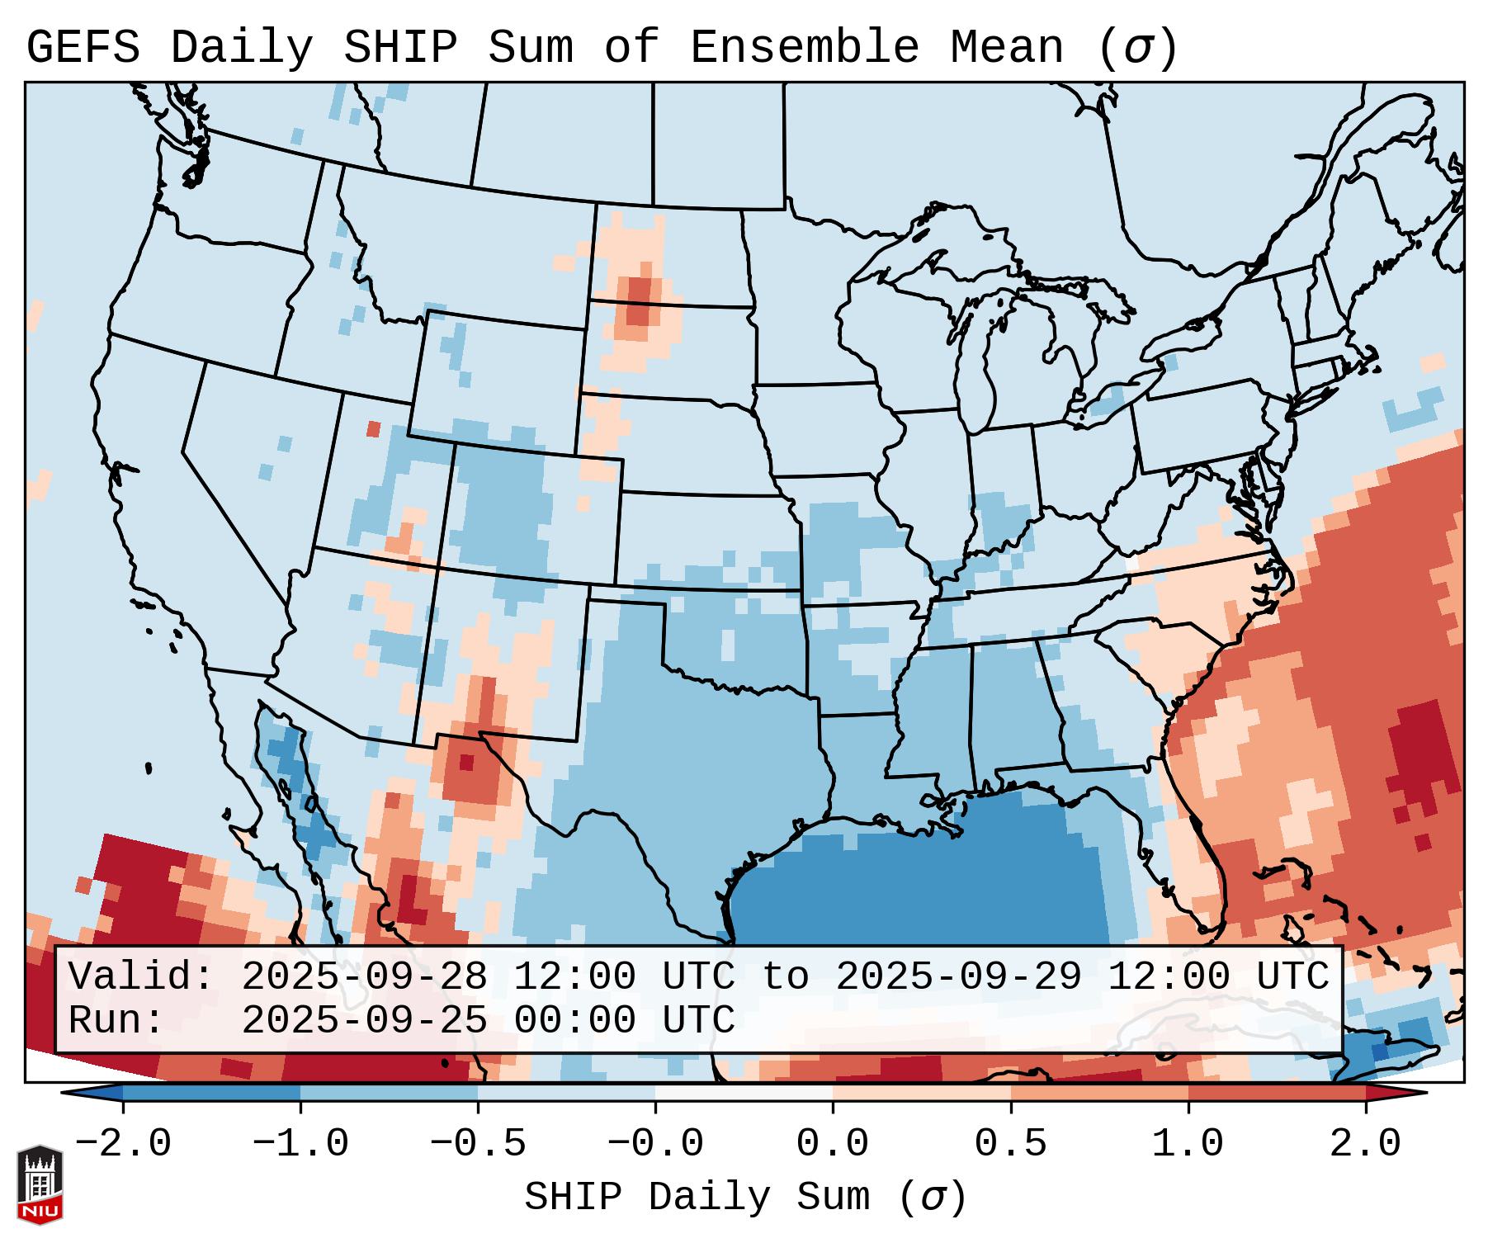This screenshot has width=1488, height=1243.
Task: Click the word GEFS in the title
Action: (83, 47)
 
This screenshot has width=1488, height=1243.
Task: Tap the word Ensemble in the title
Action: (803, 47)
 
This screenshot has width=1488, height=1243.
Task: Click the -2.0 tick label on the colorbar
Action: (123, 1144)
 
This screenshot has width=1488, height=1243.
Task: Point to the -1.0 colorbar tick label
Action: (300, 1144)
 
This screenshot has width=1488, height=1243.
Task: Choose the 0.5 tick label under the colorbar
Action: (1011, 1144)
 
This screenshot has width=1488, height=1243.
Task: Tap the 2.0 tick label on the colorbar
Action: (1366, 1144)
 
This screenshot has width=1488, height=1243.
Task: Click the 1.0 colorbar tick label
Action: (1188, 1144)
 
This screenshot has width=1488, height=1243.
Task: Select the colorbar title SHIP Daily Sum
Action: (744, 1198)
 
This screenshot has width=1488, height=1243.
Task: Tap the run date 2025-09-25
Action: (364, 1020)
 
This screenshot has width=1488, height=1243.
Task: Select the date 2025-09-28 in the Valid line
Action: (364, 976)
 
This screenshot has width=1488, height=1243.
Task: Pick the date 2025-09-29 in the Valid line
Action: (958, 976)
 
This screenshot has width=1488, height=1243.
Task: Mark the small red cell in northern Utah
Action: (374, 429)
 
